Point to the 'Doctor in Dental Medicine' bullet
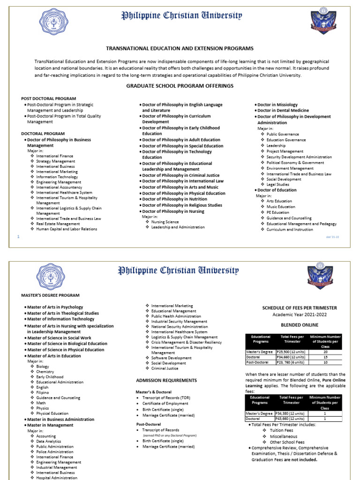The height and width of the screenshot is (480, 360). [x=283, y=111]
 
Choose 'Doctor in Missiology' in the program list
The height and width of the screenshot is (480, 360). [x=277, y=105]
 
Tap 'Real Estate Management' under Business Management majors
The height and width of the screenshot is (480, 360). [x=58, y=224]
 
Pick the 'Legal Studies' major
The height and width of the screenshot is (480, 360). [x=278, y=185]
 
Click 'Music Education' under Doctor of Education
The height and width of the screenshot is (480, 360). [x=281, y=207]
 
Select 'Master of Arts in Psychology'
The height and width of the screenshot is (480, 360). [x=55, y=307]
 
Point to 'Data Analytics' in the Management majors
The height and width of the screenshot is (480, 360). [x=49, y=441]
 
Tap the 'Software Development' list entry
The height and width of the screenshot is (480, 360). [x=171, y=358]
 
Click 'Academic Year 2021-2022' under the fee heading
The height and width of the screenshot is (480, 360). [x=299, y=315]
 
